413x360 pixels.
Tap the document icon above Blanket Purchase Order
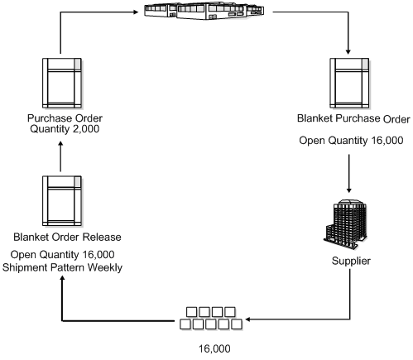(348, 83)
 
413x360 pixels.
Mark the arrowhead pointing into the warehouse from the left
(135, 13)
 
